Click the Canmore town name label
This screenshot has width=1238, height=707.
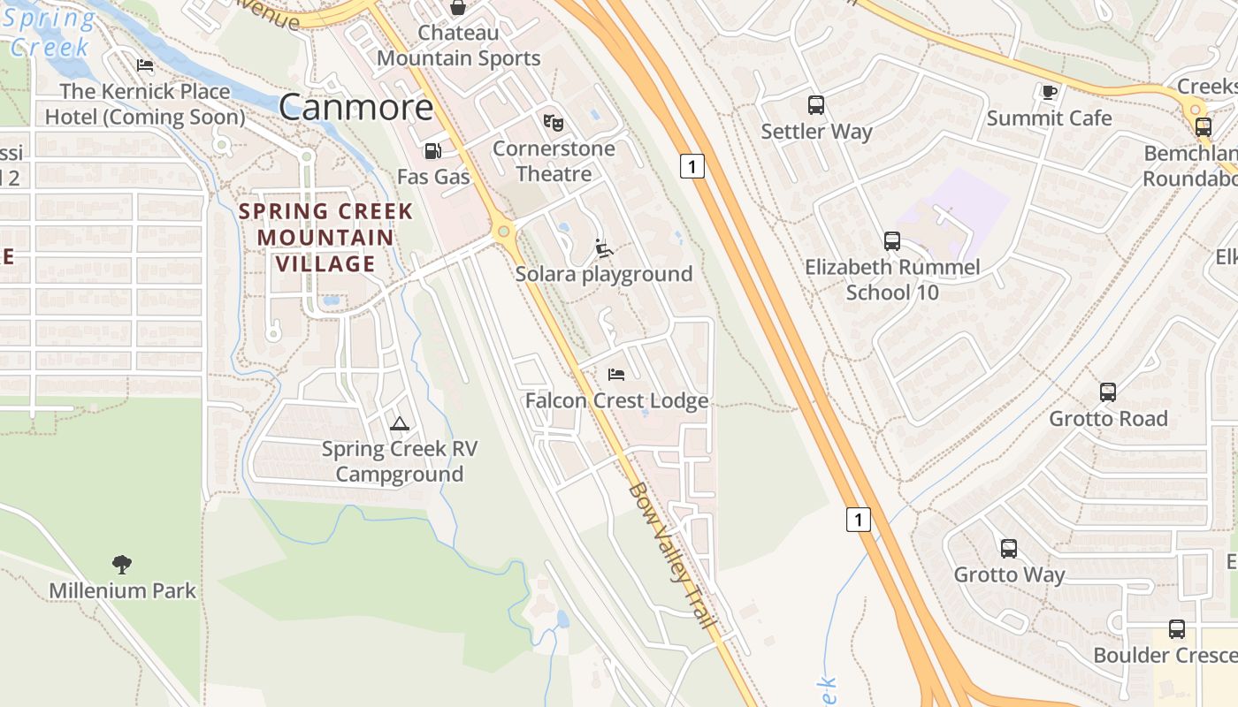point(356,107)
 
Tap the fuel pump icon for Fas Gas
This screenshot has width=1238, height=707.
point(432,151)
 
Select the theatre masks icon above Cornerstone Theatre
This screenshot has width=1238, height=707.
point(554,122)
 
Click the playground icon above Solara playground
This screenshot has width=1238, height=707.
point(604,248)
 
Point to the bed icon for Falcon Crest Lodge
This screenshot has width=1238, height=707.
point(616,375)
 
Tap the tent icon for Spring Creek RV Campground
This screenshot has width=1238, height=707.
point(400,423)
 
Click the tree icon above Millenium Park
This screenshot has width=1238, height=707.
point(122,564)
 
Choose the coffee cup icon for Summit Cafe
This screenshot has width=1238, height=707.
point(1049,92)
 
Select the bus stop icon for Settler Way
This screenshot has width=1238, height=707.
point(816,105)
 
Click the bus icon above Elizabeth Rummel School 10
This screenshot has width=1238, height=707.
point(892,240)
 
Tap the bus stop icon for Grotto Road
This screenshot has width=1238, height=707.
point(1108,392)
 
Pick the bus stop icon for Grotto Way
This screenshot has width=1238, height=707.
point(1009,548)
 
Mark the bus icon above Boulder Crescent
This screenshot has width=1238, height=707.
point(1176,628)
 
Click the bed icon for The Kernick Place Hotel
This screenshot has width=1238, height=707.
point(145,65)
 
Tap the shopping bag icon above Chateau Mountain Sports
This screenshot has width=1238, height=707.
point(458,8)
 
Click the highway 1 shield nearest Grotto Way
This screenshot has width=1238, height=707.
point(858,519)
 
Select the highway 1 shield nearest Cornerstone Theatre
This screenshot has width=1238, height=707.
point(692,165)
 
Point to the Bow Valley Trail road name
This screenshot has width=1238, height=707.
point(671,556)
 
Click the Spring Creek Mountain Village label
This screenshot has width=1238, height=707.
point(325,237)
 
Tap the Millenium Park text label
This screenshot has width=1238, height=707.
point(122,590)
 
